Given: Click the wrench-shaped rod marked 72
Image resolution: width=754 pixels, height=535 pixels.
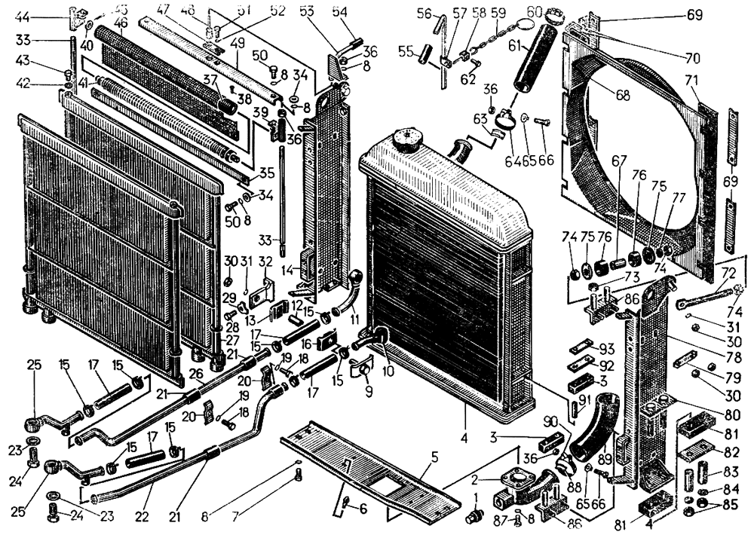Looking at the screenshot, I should pyautogui.click(x=705, y=298).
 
